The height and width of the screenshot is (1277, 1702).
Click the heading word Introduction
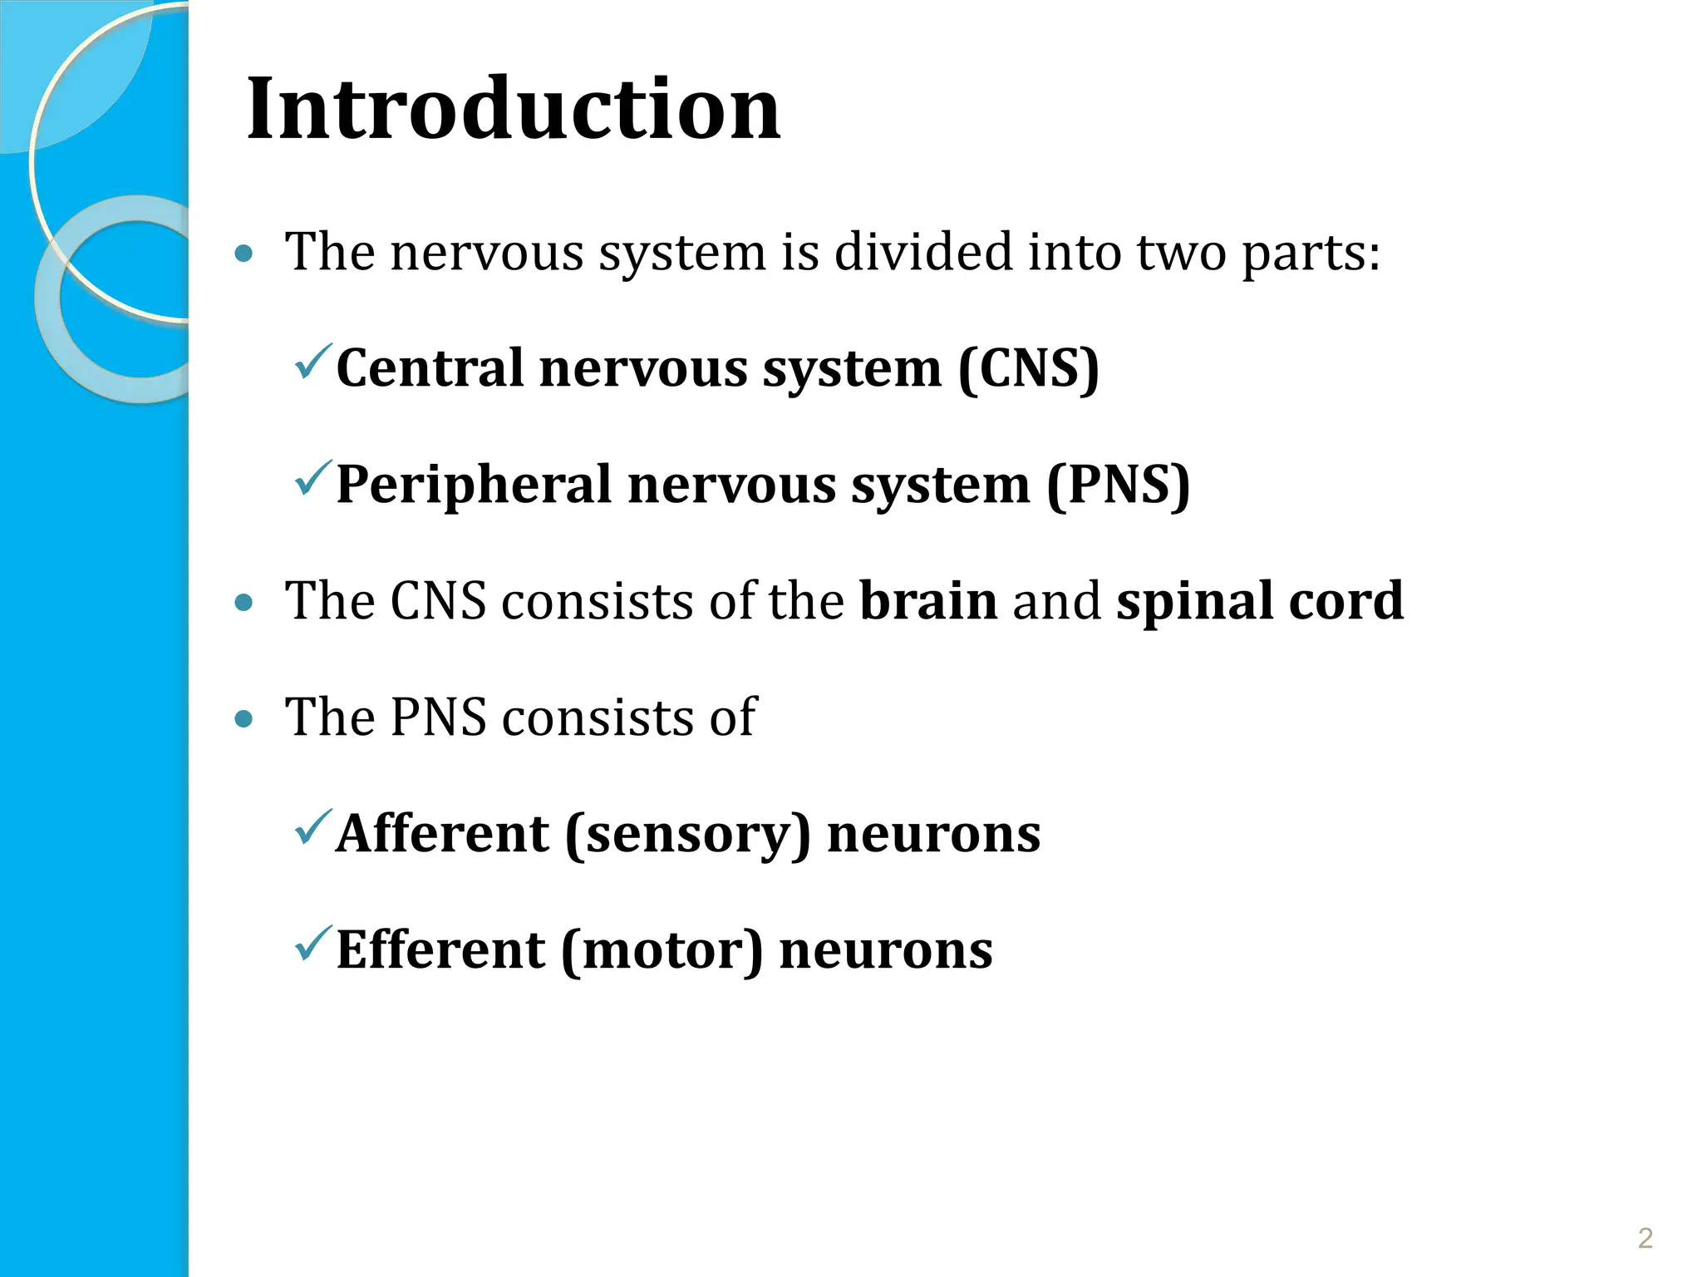(x=513, y=109)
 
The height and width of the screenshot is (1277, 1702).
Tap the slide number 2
(x=1645, y=1238)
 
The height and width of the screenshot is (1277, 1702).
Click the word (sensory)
(x=687, y=835)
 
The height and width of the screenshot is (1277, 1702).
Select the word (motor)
(x=662, y=951)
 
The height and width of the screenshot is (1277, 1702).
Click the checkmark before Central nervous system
(x=313, y=362)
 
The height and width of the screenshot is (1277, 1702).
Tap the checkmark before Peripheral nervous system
(x=313, y=479)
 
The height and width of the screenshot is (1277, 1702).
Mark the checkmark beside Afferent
(x=313, y=828)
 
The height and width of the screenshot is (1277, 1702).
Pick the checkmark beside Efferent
(x=313, y=944)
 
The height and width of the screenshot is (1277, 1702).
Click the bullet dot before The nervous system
(x=243, y=254)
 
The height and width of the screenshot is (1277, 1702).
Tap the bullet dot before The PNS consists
(x=243, y=719)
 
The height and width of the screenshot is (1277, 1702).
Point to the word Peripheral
(x=474, y=486)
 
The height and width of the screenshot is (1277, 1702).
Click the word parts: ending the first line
(x=1310, y=253)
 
